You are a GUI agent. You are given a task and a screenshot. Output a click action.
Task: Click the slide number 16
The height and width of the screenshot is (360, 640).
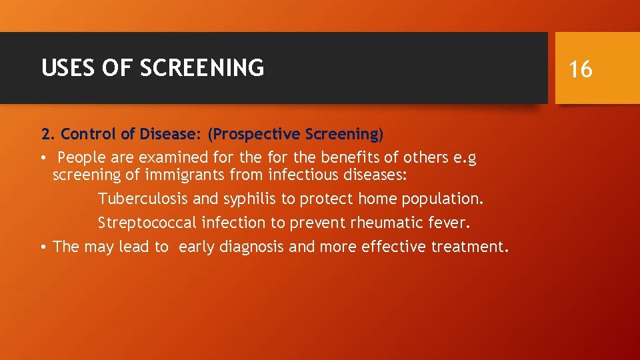click(x=581, y=68)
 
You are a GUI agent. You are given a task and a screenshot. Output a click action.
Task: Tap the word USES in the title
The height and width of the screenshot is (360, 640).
click(x=59, y=67)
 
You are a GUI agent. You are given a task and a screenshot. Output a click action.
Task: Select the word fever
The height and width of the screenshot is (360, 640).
click(x=456, y=223)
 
